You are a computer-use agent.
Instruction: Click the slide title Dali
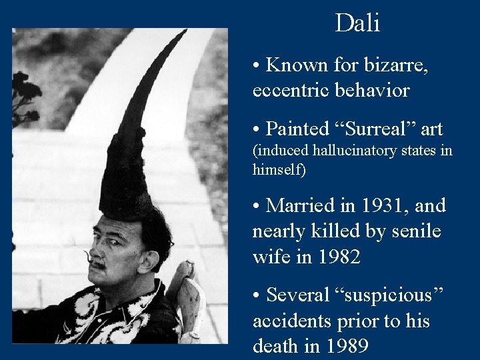357,23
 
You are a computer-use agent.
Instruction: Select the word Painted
297,129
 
